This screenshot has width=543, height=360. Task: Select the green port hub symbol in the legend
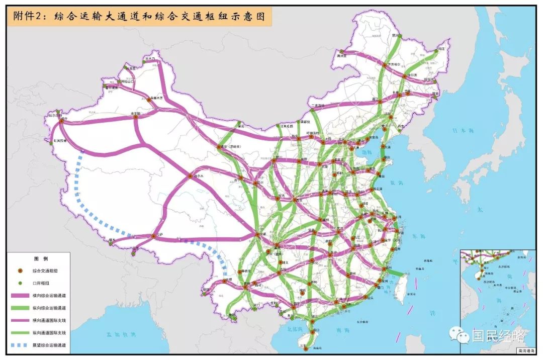[x=20, y=283]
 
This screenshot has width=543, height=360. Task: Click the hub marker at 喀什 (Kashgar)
[x=62, y=121]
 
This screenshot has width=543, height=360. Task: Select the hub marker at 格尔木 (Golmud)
[x=191, y=176]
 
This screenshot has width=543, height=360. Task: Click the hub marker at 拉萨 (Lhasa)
[x=154, y=236]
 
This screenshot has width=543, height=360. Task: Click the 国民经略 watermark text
[x=497, y=336]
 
